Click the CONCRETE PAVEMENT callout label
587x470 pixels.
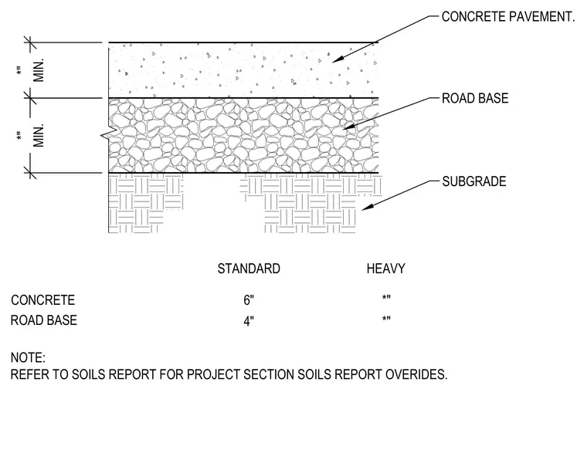pyautogui.click(x=508, y=17)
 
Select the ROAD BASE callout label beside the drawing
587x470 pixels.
pyautogui.click(x=475, y=99)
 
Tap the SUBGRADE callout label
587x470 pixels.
pyautogui.click(x=474, y=181)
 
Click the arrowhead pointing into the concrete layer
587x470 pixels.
pyautogui.click(x=337, y=59)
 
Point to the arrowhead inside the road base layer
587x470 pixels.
pyautogui.click(x=348, y=127)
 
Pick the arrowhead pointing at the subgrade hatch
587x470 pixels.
pyautogui.click(x=367, y=207)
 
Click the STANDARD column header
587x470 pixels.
pyautogui.click(x=249, y=269)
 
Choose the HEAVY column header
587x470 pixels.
pyautogui.click(x=386, y=269)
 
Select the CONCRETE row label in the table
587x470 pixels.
pyautogui.click(x=43, y=300)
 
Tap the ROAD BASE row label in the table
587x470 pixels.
pyautogui.click(x=44, y=320)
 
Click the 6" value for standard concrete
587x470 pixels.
pyautogui.click(x=249, y=300)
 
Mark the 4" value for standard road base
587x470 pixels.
pyautogui.click(x=249, y=321)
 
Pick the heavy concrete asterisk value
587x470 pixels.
pyautogui.click(x=386, y=298)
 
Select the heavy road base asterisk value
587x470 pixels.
pyautogui.click(x=386, y=320)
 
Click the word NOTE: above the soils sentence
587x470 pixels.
pyautogui.click(x=28, y=358)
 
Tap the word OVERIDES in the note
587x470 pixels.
pyautogui.click(x=416, y=374)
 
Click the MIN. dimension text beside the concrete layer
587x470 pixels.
pyautogui.click(x=39, y=70)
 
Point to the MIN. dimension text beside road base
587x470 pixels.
pyautogui.click(x=39, y=135)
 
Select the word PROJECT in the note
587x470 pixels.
pyautogui.click(x=213, y=374)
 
